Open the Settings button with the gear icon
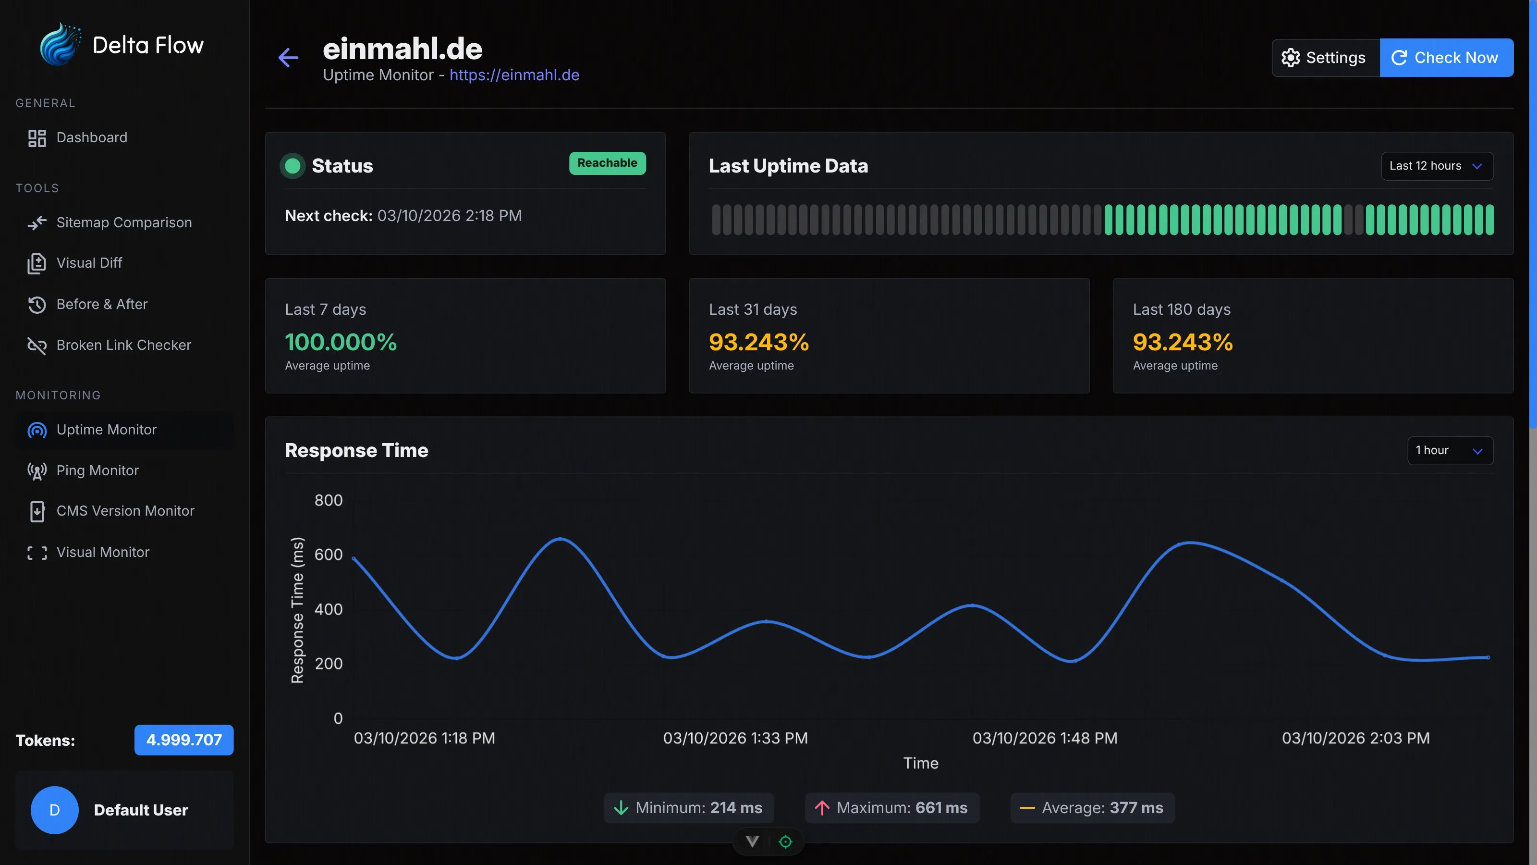click(1325, 58)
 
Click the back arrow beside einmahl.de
click(288, 58)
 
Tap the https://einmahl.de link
click(514, 75)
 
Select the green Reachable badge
click(607, 163)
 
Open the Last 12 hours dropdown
click(1436, 166)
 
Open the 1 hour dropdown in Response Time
click(1449, 451)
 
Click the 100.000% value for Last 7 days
click(341, 342)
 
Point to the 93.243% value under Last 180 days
click(1182, 342)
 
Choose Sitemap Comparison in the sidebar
click(123, 222)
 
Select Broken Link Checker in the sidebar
click(123, 345)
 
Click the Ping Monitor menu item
click(97, 470)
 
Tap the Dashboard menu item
click(91, 138)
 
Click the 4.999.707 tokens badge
click(184, 740)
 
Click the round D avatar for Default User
click(54, 810)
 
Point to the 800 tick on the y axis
click(328, 500)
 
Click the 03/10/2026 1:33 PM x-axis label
click(735, 739)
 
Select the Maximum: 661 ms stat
click(892, 808)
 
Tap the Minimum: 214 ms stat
click(689, 808)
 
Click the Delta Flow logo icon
click(59, 45)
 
